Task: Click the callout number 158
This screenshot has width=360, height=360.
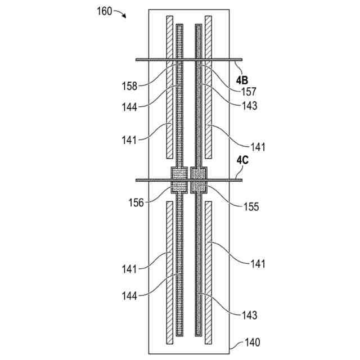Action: pos(130,87)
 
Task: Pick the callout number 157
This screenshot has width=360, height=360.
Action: pos(248,90)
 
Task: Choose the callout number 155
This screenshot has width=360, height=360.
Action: pos(250,206)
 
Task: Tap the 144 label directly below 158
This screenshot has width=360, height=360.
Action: pos(130,105)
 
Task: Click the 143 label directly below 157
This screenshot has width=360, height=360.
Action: pos(248,105)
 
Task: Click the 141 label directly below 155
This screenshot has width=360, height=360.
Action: pos(256,263)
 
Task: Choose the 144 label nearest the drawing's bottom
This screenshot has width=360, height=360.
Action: pos(130,294)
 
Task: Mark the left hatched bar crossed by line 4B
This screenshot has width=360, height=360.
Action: pos(169,87)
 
